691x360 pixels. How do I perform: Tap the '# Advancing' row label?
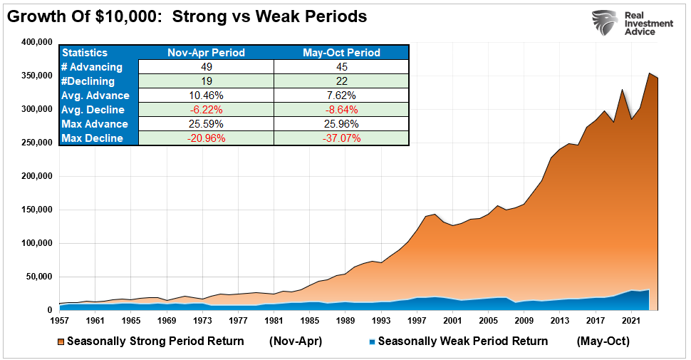pyautogui.click(x=92, y=67)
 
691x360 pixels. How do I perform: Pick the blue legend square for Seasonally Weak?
pyautogui.click(x=370, y=341)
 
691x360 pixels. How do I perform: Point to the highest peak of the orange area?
pyautogui.click(x=648, y=73)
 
